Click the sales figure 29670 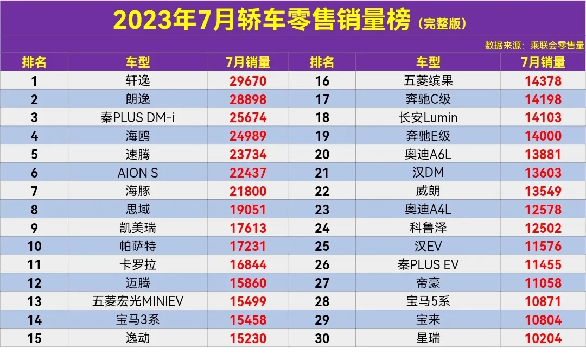[247, 81]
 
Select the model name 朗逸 [137, 99]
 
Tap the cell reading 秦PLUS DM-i [137, 118]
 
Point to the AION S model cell [137, 173]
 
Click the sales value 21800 [247, 191]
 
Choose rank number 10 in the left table [34, 247]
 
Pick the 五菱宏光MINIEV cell [137, 301]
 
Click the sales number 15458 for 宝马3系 [247, 320]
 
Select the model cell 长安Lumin [428, 118]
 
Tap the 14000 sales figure [543, 136]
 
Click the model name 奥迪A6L [428, 155]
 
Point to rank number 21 [322, 173]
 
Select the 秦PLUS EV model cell [428, 264]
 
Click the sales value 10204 [543, 338]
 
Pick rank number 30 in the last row [322, 338]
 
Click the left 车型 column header [137, 62]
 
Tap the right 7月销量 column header [543, 62]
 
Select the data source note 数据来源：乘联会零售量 [534, 46]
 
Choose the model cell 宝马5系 [428, 301]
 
